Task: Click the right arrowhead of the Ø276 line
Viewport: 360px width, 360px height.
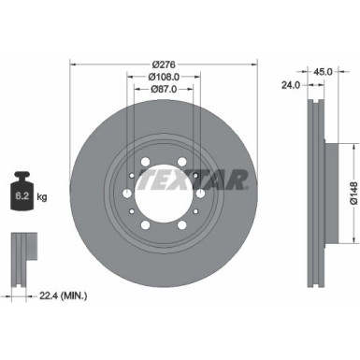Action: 254,64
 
